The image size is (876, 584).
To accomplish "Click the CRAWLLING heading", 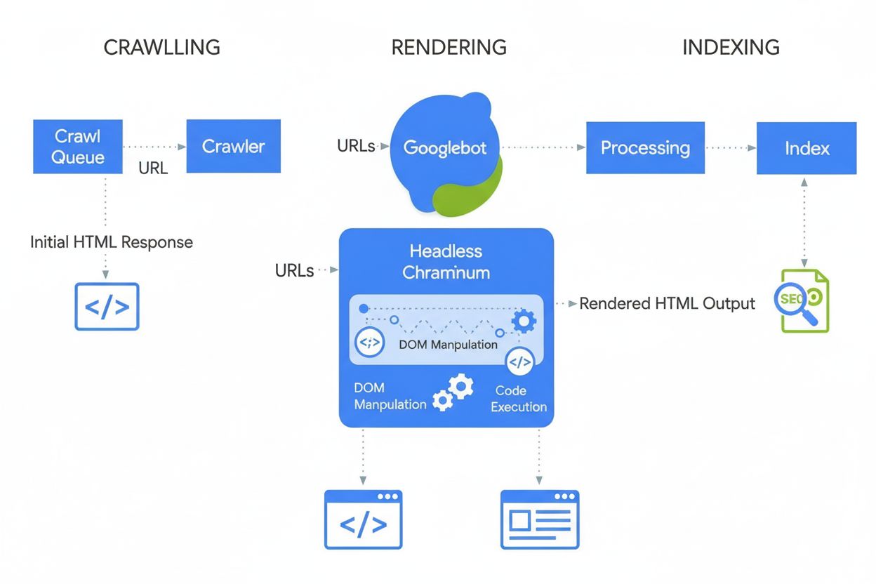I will pyautogui.click(x=162, y=48).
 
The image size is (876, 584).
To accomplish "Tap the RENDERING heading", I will pyautogui.click(x=449, y=48).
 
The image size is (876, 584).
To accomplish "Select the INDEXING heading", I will pyautogui.click(x=731, y=48).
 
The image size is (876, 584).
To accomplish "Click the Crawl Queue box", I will pyautogui.click(x=78, y=146).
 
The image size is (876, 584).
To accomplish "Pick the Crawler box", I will pyautogui.click(x=233, y=146).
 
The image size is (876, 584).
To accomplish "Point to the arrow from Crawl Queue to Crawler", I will pyautogui.click(x=154, y=147).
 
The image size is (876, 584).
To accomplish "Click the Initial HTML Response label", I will pyautogui.click(x=111, y=242).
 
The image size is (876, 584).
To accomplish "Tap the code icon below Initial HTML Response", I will pyautogui.click(x=107, y=307).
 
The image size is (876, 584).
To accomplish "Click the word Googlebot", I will pyautogui.click(x=444, y=148).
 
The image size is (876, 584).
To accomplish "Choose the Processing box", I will pyautogui.click(x=645, y=148).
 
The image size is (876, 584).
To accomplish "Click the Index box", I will pyautogui.click(x=807, y=148).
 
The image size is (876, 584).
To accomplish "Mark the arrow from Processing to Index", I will pyautogui.click(x=731, y=148).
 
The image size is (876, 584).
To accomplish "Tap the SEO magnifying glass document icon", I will pyautogui.click(x=804, y=300).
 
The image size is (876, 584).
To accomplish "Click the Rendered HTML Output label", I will pyautogui.click(x=667, y=304).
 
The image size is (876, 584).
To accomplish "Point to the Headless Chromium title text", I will pyautogui.click(x=446, y=261).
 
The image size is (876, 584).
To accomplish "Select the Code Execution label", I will pyautogui.click(x=519, y=399).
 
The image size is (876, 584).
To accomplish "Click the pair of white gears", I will pyautogui.click(x=453, y=392).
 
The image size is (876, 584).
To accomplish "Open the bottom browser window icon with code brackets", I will pyautogui.click(x=363, y=519).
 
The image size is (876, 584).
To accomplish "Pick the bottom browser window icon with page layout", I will pyautogui.click(x=539, y=519).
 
